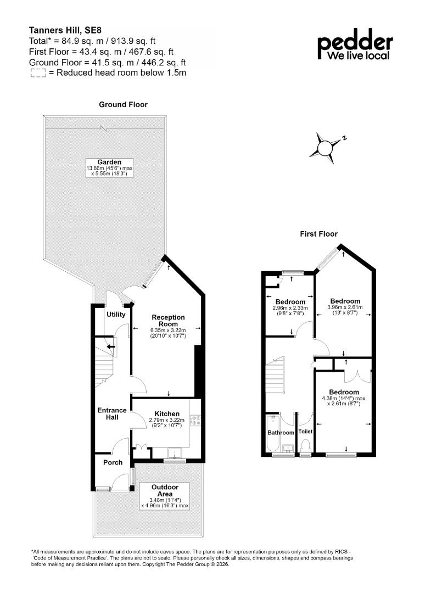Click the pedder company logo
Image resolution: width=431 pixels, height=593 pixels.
pyautogui.click(x=355, y=44)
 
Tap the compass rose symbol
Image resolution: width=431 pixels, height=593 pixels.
pyautogui.click(x=326, y=148)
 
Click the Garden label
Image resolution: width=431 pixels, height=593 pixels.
pyautogui.click(x=109, y=162)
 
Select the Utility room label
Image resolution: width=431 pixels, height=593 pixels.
pyautogui.click(x=116, y=314)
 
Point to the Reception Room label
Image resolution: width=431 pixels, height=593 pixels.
pyautogui.click(x=168, y=321)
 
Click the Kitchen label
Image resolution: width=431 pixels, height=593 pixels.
pyautogui.click(x=167, y=414)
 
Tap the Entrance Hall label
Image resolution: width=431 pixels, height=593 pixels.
pyautogui.click(x=112, y=414)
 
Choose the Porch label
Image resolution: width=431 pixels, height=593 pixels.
pyautogui.click(x=113, y=462)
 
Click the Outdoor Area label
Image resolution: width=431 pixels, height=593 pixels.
pyautogui.click(x=165, y=490)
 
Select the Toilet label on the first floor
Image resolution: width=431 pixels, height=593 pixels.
pyautogui.click(x=305, y=432)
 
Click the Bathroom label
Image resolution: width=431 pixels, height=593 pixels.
pyautogui.click(x=281, y=433)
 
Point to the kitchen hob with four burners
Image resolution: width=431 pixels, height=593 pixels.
pyautogui.click(x=196, y=420)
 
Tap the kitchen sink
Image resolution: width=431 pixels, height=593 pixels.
pyautogui.click(x=175, y=452)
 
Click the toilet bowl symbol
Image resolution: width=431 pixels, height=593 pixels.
pyautogui.click(x=305, y=445)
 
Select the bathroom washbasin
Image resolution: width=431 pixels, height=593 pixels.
pyautogui.click(x=288, y=449)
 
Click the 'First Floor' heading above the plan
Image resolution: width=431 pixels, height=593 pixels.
pyautogui.click(x=318, y=234)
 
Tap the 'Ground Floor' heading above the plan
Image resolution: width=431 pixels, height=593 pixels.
pyautogui.click(x=123, y=104)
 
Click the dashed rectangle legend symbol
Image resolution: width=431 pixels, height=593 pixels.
pyautogui.click(x=38, y=73)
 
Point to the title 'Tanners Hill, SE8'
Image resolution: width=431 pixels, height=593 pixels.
pyautogui.click(x=65, y=30)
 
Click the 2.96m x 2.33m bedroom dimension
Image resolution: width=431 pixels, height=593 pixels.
pyautogui.click(x=290, y=308)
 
